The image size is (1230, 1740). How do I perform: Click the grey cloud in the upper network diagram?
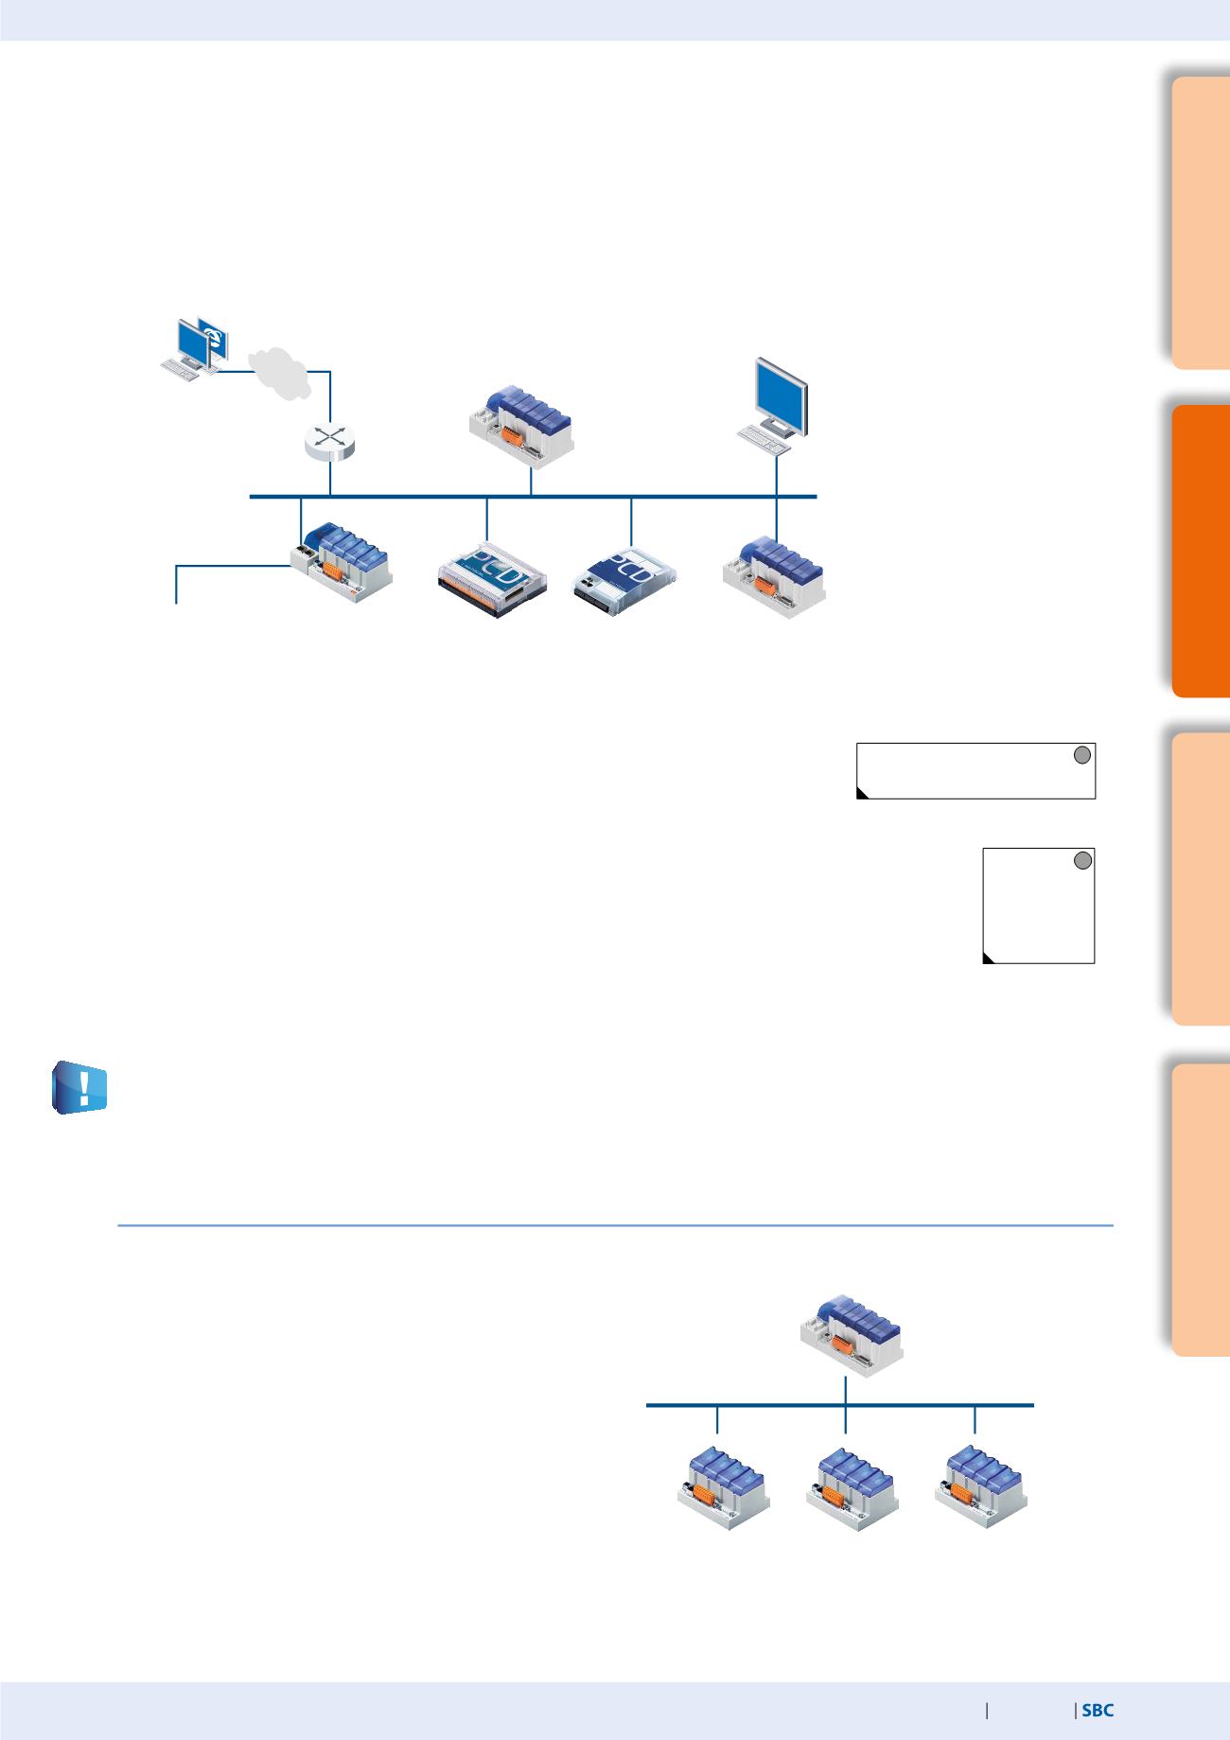point(279,374)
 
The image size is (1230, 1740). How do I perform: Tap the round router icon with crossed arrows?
point(329,442)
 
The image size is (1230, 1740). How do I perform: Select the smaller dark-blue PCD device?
point(625,578)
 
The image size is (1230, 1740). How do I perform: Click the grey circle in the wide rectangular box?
point(1083,754)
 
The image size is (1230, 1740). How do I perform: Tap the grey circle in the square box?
point(1083,860)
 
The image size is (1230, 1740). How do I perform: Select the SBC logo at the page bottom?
point(1098,1711)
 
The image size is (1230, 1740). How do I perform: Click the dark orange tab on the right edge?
point(1200,552)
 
